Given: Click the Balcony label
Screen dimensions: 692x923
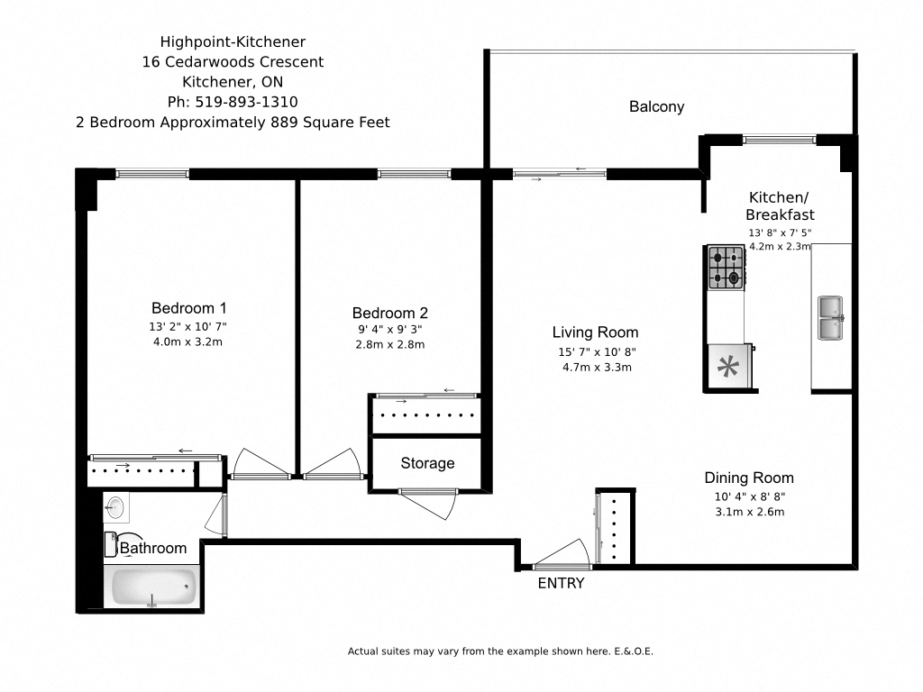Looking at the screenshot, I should (656, 106).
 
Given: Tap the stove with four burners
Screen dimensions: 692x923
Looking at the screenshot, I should (726, 268).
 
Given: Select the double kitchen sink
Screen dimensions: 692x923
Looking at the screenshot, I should (831, 318).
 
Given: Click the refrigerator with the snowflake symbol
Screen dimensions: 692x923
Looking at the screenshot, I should (727, 367).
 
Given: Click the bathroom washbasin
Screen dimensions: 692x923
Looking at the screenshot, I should (114, 506).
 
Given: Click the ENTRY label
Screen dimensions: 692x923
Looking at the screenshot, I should (561, 584).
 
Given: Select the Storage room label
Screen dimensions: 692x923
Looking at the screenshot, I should (427, 463).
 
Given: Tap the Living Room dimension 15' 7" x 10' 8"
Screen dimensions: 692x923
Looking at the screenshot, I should (595, 351).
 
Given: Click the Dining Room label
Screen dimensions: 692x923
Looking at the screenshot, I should (748, 478).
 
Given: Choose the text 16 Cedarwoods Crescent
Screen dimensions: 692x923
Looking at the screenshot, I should (233, 62).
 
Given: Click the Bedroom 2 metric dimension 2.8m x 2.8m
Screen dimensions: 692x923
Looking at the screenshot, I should (390, 344).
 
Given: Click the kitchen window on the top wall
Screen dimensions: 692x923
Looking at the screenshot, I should (779, 140).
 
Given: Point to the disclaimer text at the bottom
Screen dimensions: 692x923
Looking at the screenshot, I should (506, 651).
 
